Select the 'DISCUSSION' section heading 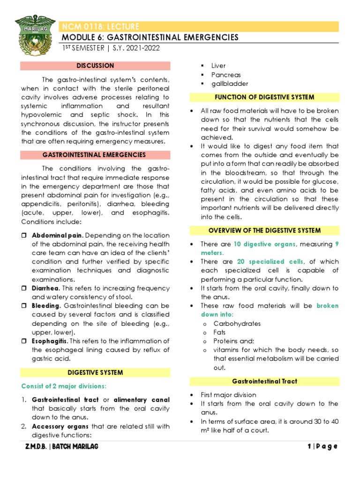[95, 66]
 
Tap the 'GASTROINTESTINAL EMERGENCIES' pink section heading [94, 155]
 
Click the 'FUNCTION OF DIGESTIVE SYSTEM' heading [264, 97]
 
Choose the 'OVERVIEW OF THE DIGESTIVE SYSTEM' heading [264, 230]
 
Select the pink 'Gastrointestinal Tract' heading [264, 381]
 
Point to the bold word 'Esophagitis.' [50, 341]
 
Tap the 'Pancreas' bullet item [226, 75]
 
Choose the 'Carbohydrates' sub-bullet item [237, 323]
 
